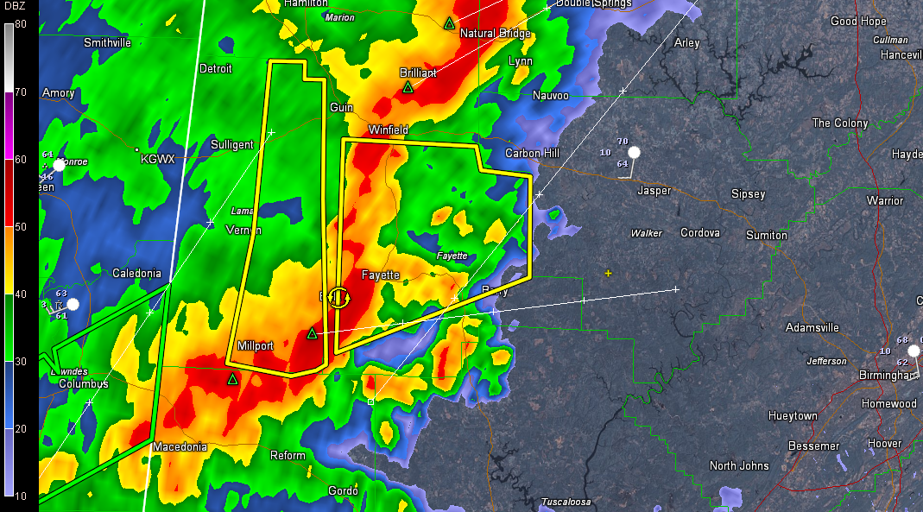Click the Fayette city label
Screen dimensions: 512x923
point(380,275)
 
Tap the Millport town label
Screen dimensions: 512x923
point(255,346)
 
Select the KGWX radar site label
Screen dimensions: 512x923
point(158,160)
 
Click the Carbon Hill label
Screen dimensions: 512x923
point(532,154)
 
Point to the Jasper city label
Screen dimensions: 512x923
point(654,191)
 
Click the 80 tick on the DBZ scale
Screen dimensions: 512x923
point(20,24)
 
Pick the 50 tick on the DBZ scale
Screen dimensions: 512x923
point(20,226)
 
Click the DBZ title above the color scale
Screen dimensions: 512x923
point(19,9)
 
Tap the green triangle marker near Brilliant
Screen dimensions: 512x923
point(408,87)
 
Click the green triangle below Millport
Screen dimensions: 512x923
point(232,379)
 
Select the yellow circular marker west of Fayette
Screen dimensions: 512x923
point(339,298)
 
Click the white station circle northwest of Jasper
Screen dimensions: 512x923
point(634,153)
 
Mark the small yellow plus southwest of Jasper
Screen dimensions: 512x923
point(608,273)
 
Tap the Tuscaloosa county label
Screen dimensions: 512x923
point(566,503)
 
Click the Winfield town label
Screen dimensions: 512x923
point(388,130)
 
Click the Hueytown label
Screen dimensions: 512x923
point(793,416)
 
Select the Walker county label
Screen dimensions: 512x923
point(646,233)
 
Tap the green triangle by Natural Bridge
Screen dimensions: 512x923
point(449,23)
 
